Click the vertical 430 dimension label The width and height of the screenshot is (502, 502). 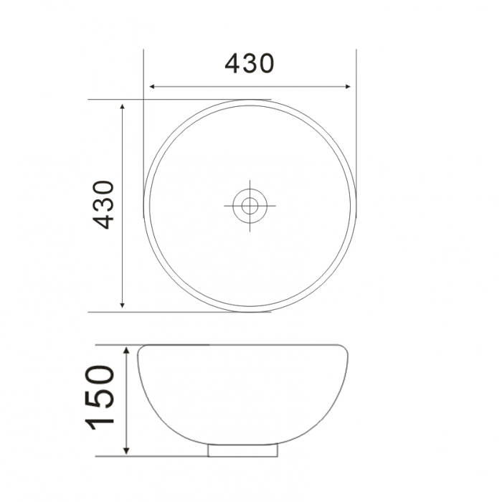coord(105,205)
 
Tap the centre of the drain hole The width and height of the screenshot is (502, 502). coord(250,206)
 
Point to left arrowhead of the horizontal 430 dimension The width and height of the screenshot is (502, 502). coord(151,87)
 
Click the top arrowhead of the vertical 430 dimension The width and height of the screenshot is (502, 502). coord(123,105)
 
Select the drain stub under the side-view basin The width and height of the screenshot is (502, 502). coord(242,450)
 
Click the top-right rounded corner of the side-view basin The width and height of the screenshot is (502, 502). coord(346,349)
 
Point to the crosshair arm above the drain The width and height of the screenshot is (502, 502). coord(250,187)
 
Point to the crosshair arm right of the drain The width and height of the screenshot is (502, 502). coord(268,206)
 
